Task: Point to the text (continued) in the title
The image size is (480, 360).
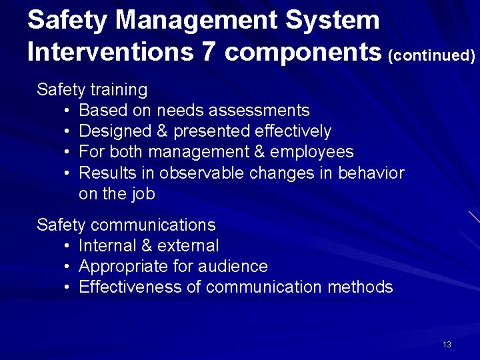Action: coord(431,55)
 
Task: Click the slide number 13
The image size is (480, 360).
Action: coord(447,345)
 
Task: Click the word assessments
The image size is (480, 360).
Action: coord(263,110)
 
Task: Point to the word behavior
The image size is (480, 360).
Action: coord(371,173)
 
